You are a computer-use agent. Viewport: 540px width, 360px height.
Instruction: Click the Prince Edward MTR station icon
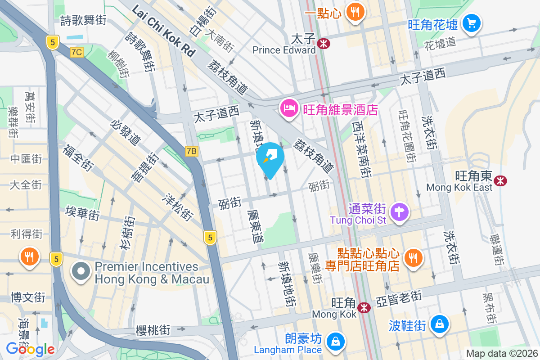323,43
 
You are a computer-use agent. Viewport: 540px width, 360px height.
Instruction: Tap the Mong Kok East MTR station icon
500,180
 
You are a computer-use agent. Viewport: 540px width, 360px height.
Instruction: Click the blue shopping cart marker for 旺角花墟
471,22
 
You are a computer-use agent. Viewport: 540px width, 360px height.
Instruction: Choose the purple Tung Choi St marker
399,211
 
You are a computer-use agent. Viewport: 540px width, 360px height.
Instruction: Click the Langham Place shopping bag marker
335,342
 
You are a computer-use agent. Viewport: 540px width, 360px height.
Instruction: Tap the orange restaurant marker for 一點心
355,12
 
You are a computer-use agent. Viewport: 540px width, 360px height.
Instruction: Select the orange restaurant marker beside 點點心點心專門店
412,257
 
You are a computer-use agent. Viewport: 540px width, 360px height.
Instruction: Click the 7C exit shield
77,52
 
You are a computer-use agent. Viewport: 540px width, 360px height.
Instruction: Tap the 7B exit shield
191,151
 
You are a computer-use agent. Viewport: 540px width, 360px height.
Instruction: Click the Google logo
30,349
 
